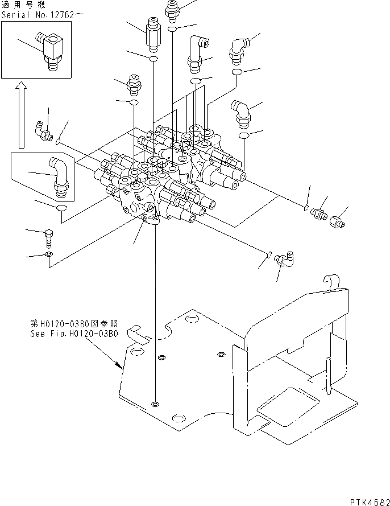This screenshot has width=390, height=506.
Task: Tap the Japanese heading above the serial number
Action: point(26,5)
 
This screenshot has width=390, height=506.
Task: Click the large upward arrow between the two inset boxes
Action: point(21,114)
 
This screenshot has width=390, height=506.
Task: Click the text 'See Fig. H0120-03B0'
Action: point(73,334)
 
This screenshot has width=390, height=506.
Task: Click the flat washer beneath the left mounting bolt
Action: point(50,254)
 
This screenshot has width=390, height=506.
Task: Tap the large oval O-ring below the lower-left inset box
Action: point(62,211)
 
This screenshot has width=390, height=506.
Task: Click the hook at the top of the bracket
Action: point(331,281)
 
